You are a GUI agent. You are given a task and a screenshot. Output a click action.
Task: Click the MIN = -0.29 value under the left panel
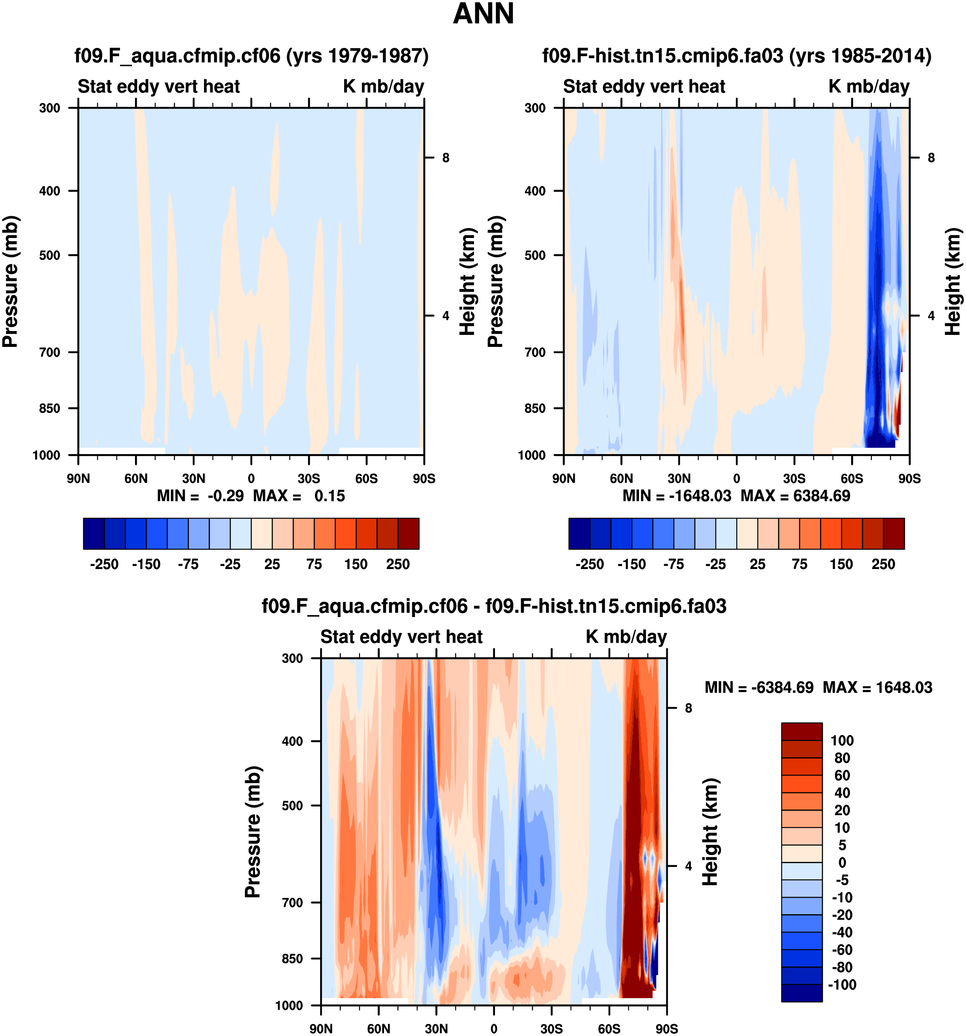(x=200, y=496)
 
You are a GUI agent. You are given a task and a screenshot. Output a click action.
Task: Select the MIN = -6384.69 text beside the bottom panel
(x=759, y=687)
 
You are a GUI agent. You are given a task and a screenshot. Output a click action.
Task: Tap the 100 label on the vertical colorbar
(x=842, y=740)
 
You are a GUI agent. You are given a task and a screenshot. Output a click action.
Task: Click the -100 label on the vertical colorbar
(x=842, y=985)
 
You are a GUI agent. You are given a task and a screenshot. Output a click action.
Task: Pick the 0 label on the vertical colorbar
(x=842, y=862)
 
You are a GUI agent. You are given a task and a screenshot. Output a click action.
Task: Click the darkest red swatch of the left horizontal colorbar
(x=408, y=533)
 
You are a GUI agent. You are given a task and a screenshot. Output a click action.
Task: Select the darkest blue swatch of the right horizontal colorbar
(x=579, y=533)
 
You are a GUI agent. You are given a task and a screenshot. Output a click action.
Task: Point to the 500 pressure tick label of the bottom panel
(x=292, y=806)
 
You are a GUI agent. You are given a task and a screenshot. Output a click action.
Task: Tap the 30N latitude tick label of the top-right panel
(x=679, y=479)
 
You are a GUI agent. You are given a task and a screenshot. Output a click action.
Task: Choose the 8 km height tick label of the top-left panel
(x=446, y=158)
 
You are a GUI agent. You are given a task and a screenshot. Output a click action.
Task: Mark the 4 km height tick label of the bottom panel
(x=688, y=866)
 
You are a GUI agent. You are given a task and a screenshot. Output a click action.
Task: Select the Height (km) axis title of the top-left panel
(x=468, y=281)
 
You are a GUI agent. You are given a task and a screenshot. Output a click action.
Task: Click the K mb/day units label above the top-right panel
(x=869, y=87)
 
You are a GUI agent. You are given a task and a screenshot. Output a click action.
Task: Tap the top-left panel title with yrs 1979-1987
(x=252, y=56)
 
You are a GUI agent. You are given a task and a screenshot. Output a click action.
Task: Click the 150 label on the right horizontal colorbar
(x=841, y=564)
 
